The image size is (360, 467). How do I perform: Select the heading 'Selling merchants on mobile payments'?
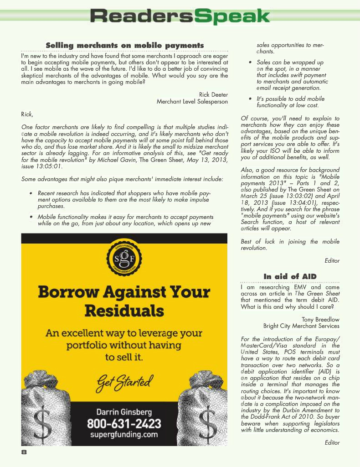click(x=124, y=45)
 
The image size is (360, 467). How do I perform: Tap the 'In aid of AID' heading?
click(x=290, y=276)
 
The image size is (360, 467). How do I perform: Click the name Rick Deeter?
click(x=213, y=95)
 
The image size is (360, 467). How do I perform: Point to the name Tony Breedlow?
click(x=320, y=319)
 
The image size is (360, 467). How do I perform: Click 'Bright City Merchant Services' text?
click(x=301, y=326)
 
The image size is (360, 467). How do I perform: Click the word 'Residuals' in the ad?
click(x=124, y=311)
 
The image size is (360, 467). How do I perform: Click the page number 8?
click(x=24, y=452)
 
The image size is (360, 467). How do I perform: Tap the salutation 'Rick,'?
click(x=27, y=114)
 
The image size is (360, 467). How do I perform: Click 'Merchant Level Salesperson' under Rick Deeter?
click(x=192, y=102)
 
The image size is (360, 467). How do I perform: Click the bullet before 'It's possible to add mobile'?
click(x=250, y=99)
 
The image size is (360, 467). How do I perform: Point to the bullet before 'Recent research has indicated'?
click(x=31, y=194)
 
